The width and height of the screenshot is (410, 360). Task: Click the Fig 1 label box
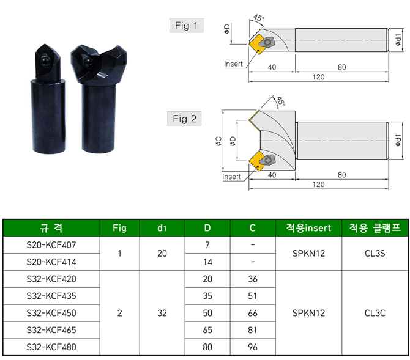click(187, 25)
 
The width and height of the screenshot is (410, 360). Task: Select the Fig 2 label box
click(184, 119)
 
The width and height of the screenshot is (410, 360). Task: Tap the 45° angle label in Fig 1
click(259, 18)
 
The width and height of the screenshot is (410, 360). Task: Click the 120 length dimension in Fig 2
click(318, 185)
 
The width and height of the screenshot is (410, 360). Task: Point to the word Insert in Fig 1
click(233, 64)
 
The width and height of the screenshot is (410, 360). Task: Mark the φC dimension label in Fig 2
click(218, 141)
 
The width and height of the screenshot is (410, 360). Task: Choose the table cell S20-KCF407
click(51, 245)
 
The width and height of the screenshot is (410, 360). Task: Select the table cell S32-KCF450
click(51, 313)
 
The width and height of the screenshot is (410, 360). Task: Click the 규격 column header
click(51, 228)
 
